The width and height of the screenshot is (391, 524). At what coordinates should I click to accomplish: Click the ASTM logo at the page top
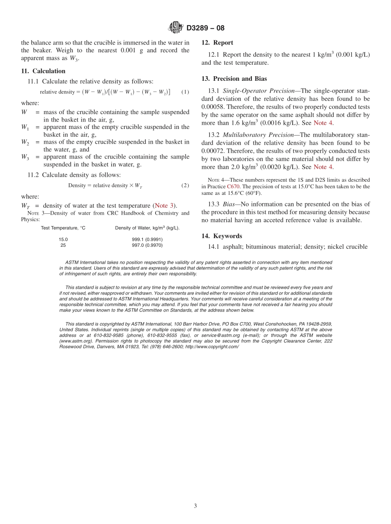tap(176, 28)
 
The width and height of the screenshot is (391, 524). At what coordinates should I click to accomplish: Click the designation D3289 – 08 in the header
tap(205, 28)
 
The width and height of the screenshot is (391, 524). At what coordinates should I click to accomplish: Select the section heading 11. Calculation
tap(43, 71)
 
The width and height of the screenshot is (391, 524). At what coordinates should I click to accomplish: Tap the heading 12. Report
tap(217, 42)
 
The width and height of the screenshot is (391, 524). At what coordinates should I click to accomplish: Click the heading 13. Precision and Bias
tap(234, 79)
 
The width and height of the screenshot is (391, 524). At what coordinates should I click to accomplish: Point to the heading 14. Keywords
tap(222, 236)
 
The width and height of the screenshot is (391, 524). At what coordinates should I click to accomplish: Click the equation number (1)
tap(185, 91)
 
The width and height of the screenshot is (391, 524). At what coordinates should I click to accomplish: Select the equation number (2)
tap(185, 185)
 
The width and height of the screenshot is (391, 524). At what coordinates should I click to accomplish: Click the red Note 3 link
tap(164, 206)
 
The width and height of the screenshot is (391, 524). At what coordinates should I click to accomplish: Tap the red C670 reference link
tap(233, 186)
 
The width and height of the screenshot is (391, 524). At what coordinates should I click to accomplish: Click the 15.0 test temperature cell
tap(63, 239)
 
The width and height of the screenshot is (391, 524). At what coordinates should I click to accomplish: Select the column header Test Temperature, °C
tap(63, 228)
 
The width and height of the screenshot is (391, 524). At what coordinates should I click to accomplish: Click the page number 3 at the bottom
tap(195, 506)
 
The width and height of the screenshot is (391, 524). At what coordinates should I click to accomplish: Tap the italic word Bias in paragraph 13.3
tap(230, 204)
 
